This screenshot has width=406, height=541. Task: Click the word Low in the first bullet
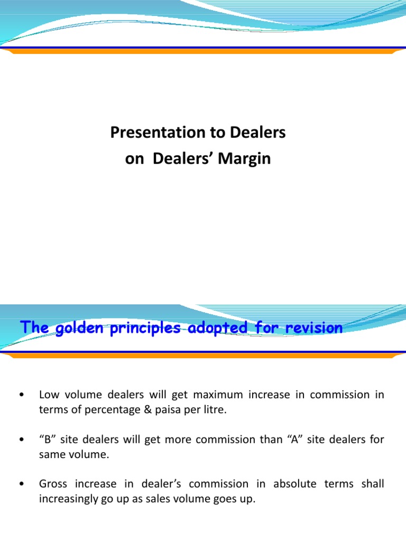tap(48, 395)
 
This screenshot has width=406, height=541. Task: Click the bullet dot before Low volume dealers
tap(20, 395)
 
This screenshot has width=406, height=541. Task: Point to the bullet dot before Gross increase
tap(20, 484)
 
